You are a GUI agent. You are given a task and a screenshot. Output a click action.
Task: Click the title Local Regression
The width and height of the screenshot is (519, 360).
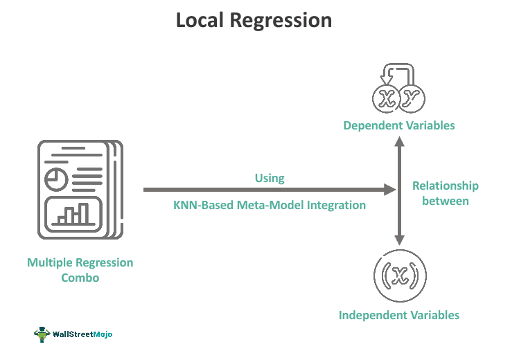(x=254, y=20)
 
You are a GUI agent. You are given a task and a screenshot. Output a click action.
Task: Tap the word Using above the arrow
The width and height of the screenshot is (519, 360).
(x=269, y=178)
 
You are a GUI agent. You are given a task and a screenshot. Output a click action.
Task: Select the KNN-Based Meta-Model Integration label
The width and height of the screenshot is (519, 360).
(x=269, y=205)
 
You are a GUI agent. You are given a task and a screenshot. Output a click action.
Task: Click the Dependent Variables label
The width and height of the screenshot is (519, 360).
(x=399, y=125)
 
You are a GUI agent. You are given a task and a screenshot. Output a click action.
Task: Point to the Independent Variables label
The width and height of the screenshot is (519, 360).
(x=399, y=315)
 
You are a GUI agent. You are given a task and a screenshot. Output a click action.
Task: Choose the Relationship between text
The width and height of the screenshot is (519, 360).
(x=445, y=193)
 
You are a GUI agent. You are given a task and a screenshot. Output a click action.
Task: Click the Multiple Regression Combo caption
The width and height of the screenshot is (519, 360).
(x=80, y=270)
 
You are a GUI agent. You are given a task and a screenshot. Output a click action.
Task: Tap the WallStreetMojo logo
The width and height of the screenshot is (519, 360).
(x=73, y=334)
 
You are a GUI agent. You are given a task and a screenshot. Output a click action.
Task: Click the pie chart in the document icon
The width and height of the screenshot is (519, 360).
(x=55, y=179)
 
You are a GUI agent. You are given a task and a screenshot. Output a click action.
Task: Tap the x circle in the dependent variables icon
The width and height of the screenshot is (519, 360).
(x=386, y=99)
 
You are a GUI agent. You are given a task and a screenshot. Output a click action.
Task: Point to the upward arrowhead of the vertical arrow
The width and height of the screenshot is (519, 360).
(x=399, y=141)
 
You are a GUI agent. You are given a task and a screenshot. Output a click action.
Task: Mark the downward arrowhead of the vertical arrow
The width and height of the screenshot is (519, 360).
(x=399, y=239)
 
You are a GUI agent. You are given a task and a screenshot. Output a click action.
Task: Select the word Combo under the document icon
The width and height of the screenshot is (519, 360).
(x=80, y=278)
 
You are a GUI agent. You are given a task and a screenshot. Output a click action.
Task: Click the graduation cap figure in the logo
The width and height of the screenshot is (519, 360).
(x=42, y=334)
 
